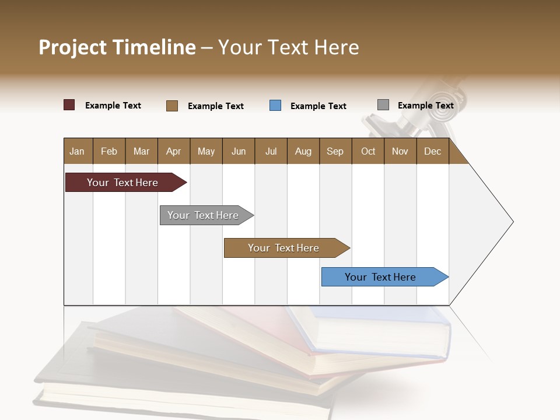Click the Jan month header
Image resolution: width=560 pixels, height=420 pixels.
click(x=78, y=151)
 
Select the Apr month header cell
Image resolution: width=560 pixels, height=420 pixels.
click(x=174, y=151)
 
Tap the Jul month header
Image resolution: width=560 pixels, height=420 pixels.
click(x=271, y=151)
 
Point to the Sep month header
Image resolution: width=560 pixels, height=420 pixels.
click(x=335, y=151)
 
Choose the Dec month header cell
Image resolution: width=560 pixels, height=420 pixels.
click(x=432, y=151)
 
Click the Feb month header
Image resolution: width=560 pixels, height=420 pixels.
click(x=109, y=151)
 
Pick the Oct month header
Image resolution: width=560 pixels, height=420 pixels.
click(x=368, y=151)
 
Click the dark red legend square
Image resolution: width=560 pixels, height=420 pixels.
click(x=69, y=105)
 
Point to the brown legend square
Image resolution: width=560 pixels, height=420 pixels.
click(x=172, y=106)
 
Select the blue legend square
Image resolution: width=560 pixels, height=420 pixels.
click(x=275, y=106)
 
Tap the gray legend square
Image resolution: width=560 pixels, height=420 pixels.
click(x=383, y=105)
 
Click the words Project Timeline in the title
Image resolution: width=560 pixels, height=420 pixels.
click(x=117, y=47)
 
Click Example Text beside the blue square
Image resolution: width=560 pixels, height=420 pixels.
click(x=318, y=106)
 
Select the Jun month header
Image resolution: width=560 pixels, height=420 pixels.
click(x=239, y=151)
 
